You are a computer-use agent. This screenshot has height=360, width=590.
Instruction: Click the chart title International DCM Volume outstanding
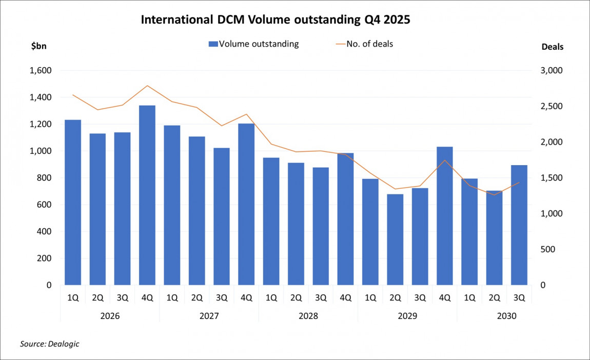pyautogui.click(x=276, y=20)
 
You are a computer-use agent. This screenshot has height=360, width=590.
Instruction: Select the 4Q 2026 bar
pyautogui.click(x=147, y=195)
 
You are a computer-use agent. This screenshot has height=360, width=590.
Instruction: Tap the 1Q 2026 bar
pyautogui.click(x=73, y=202)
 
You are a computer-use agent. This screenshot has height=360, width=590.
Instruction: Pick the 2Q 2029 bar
pyautogui.click(x=395, y=239)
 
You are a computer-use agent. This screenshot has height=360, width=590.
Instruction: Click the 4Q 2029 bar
pyautogui.click(x=445, y=215)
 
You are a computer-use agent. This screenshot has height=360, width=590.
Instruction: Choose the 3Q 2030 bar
pyautogui.click(x=519, y=225)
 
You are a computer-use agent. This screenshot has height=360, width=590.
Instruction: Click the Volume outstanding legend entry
pyautogui.click(x=253, y=44)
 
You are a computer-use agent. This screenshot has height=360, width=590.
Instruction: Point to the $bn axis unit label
pyautogui.click(x=39, y=46)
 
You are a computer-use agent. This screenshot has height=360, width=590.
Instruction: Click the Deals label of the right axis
pyautogui.click(x=553, y=47)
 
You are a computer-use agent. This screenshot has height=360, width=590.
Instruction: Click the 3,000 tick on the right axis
pyautogui.click(x=552, y=71)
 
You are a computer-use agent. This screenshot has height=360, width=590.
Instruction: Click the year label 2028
pyautogui.click(x=308, y=316)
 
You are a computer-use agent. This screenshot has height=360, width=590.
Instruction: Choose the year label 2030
pyautogui.click(x=506, y=316)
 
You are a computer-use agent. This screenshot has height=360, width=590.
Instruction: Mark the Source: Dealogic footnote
pyautogui.click(x=50, y=344)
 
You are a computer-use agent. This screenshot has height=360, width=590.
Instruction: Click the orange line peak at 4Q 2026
pyautogui.click(x=147, y=86)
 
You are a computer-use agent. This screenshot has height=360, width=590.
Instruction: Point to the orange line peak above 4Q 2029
pyautogui.click(x=445, y=160)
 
